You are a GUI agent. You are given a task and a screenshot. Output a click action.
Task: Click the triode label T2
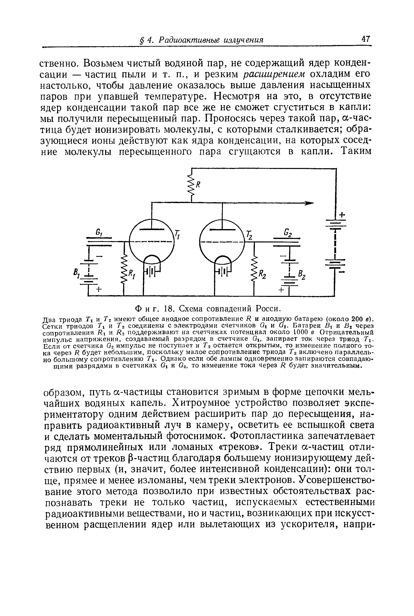point(249,235)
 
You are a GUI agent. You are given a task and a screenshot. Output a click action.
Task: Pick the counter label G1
point(99,233)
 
